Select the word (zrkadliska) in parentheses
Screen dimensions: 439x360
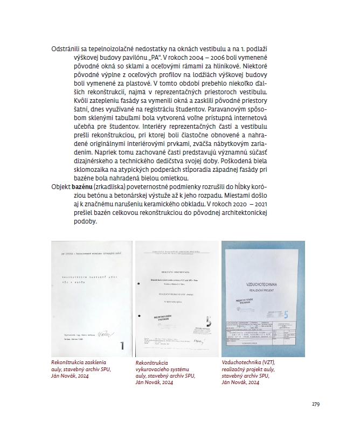(x=110, y=186)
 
